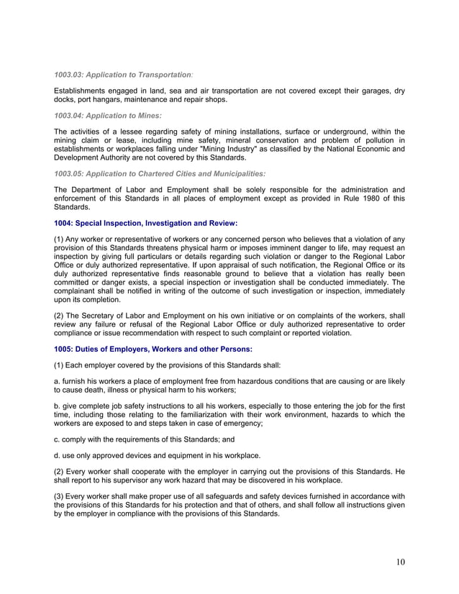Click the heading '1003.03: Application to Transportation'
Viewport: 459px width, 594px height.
(123, 74)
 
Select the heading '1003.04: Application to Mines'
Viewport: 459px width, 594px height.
(108, 115)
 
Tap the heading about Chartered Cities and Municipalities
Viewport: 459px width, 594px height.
(160, 173)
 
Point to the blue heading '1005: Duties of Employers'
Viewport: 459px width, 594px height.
(153, 349)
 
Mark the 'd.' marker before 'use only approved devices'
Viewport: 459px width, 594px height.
(58, 454)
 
